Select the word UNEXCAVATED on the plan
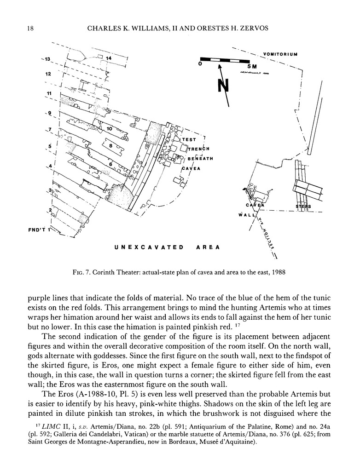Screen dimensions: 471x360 point(149,247)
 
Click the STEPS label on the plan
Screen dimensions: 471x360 point(303,207)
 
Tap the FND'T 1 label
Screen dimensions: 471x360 point(38,230)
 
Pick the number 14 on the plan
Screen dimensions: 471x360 point(109,58)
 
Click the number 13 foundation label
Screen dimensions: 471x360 point(46,59)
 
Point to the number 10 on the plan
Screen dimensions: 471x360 point(109,129)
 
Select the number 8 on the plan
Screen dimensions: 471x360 point(111,145)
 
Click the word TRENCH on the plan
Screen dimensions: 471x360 point(199,149)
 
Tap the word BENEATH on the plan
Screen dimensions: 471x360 point(197,159)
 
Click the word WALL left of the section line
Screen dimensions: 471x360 point(244,214)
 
